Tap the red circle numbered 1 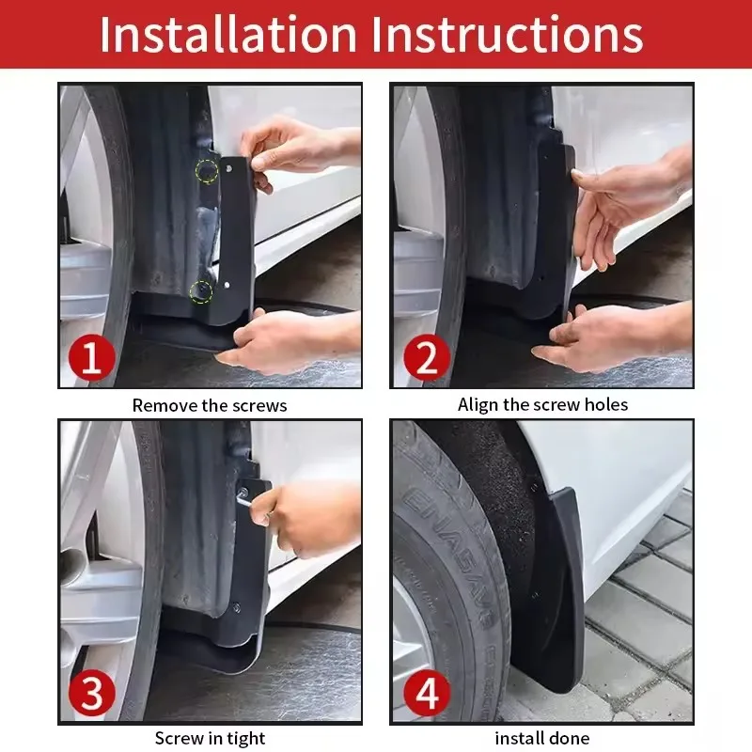pos(91,359)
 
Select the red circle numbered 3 pos(91,695)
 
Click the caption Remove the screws pos(210,406)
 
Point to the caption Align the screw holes pos(542,405)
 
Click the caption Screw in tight pos(210,739)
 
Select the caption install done pos(542,739)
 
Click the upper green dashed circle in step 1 pos(206,171)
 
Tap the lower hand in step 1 pos(282,341)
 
